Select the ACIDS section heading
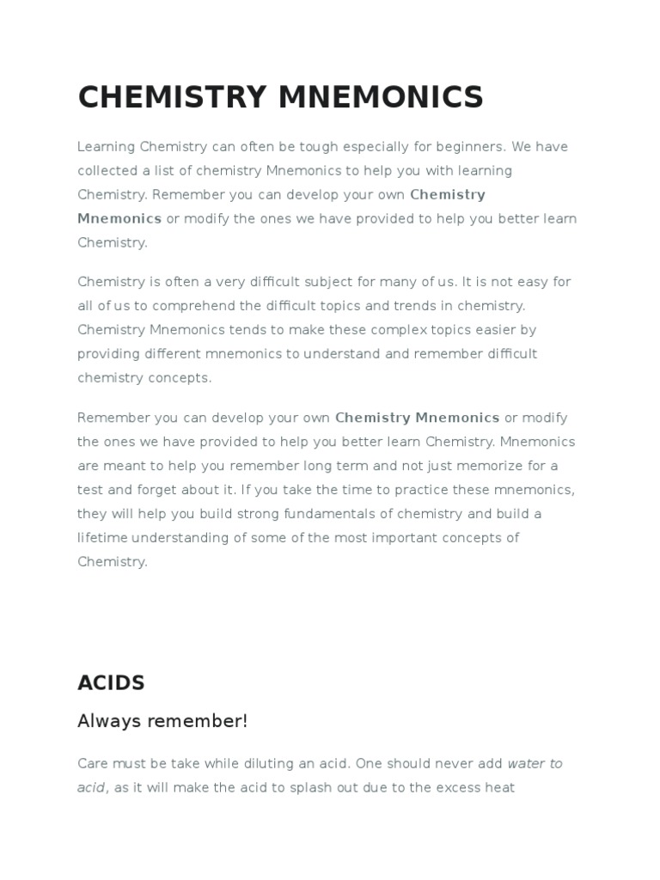click(x=111, y=683)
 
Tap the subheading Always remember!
click(x=162, y=721)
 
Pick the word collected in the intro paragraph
click(x=107, y=171)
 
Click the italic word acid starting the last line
click(x=91, y=787)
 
